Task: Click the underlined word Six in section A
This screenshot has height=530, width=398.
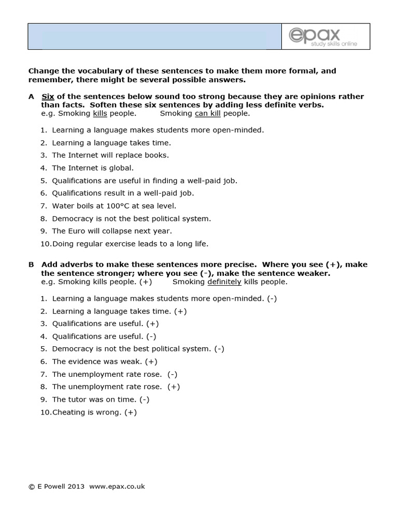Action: coord(48,96)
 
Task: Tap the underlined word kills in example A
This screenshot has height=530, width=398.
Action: coord(100,113)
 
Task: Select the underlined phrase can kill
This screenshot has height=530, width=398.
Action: coord(207,113)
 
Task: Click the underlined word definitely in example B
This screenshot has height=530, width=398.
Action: coord(224,282)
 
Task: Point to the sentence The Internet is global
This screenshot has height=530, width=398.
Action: coord(92,168)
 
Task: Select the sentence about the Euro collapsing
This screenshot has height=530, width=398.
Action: coord(111,231)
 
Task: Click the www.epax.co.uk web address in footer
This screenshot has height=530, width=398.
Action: coord(117,486)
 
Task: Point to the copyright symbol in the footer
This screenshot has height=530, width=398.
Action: coord(31,487)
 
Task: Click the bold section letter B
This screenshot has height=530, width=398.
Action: coord(31,264)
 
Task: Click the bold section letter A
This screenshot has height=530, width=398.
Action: coord(31,96)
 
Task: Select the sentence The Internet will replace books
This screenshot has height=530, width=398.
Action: coord(110,155)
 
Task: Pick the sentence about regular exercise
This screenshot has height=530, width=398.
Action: coord(130,243)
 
